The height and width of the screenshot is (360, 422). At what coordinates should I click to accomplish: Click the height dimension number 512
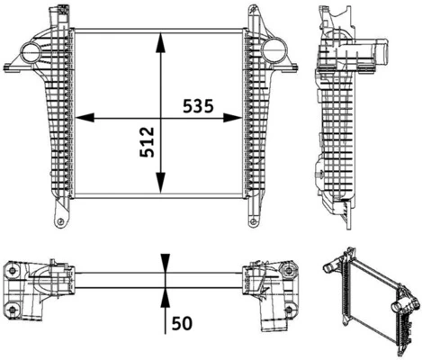(148, 142)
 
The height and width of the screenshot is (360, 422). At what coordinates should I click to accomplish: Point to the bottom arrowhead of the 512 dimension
(161, 191)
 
